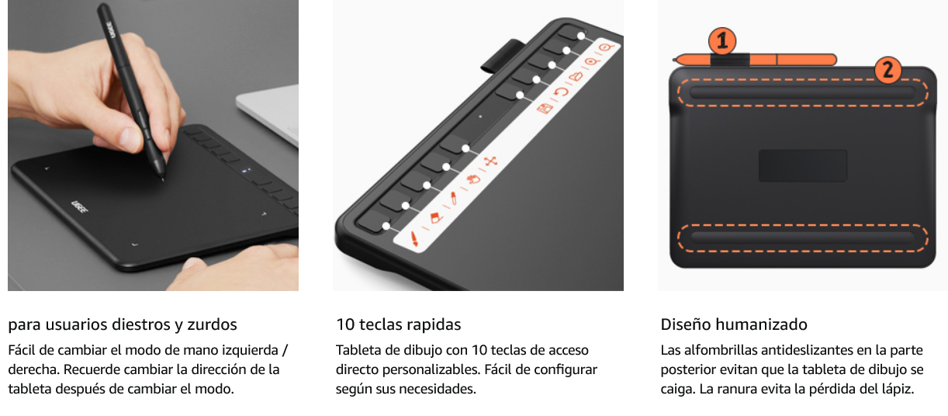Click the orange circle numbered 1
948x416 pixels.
[x=722, y=41]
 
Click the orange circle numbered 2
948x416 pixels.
[x=887, y=70]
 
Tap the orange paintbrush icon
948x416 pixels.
[x=414, y=239]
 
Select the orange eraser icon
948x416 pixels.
[x=436, y=217]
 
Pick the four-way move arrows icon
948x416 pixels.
[x=490, y=161]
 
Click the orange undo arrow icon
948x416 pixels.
[x=561, y=92]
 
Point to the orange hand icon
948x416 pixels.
[x=473, y=179]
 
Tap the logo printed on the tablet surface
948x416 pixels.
[x=79, y=207]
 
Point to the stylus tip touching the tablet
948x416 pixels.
[x=162, y=179]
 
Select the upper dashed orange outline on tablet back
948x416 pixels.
[x=802, y=92]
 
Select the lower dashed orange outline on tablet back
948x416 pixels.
[x=802, y=237]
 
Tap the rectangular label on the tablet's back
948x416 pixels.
[x=802, y=165]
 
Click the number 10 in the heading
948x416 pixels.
[x=346, y=324]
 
